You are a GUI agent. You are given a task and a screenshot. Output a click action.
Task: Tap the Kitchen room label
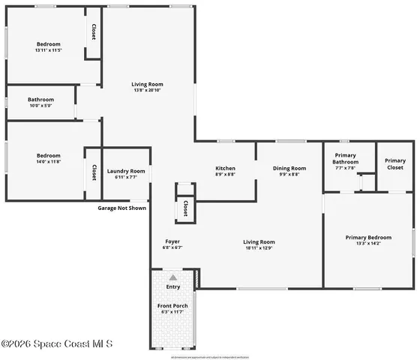(226, 168)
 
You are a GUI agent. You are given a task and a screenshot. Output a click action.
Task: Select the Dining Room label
(289, 168)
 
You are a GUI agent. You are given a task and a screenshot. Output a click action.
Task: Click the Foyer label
(172, 241)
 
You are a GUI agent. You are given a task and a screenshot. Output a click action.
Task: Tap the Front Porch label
(172, 306)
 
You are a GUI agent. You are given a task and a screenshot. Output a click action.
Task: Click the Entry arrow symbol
(173, 277)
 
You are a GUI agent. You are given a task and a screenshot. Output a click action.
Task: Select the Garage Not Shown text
(121, 208)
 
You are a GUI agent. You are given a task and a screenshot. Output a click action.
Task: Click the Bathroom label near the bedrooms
(41, 100)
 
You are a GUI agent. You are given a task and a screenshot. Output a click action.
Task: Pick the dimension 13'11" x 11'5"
(48, 50)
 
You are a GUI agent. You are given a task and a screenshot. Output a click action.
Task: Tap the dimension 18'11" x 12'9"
(259, 248)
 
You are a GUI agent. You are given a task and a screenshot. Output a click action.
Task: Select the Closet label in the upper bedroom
(94, 32)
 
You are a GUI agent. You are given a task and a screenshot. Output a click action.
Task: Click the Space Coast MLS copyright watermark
(57, 344)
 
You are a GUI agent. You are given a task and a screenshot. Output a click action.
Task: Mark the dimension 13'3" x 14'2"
(368, 243)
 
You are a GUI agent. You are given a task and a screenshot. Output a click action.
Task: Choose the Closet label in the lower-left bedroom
(94, 172)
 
